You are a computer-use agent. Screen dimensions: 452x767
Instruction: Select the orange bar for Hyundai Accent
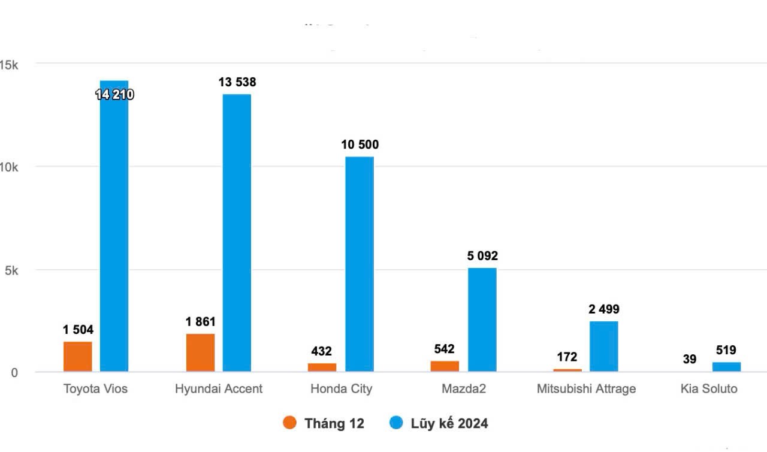tap(200, 352)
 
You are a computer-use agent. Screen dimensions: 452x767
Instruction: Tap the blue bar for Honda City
tap(360, 264)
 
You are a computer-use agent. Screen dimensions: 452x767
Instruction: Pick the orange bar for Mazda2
tap(445, 366)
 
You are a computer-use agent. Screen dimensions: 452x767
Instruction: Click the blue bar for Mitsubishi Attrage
tap(603, 346)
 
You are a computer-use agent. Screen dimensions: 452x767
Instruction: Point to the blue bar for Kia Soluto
tap(726, 366)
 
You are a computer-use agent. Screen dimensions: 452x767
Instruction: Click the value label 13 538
tap(237, 82)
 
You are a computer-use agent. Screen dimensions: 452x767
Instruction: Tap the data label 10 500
tap(360, 144)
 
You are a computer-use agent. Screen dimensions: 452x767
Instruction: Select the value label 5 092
tap(482, 256)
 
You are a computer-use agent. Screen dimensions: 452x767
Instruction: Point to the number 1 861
tap(200, 322)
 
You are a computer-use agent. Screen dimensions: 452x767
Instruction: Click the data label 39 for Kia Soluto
tap(689, 359)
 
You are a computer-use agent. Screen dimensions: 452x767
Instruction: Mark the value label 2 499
tap(603, 309)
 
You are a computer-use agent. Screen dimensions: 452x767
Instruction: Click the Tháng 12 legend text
tap(334, 423)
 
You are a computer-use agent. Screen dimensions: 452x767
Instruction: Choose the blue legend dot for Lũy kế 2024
tap(396, 423)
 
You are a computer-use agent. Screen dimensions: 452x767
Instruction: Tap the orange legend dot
tap(289, 423)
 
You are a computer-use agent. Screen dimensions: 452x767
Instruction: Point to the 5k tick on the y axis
tap(11, 270)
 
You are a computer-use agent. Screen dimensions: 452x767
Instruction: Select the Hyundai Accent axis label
tap(219, 388)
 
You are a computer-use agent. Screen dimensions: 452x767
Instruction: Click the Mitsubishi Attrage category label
tap(586, 388)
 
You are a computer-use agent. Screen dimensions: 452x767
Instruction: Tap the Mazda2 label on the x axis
tap(463, 388)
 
